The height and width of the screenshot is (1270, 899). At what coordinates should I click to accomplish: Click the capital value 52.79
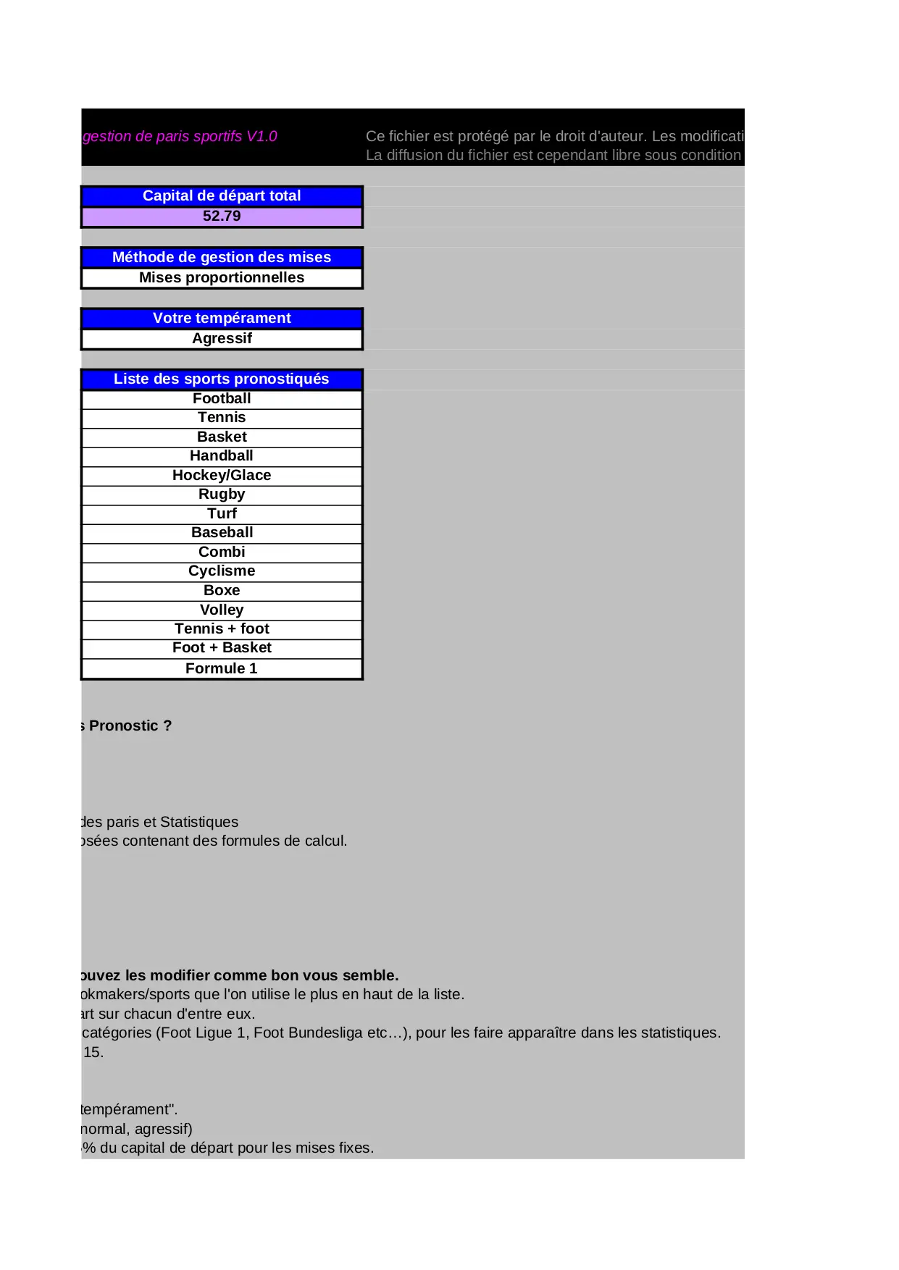pos(222,216)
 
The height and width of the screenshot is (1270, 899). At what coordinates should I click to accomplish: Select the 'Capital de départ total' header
pos(222,196)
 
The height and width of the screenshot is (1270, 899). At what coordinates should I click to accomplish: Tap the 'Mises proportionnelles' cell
pos(222,278)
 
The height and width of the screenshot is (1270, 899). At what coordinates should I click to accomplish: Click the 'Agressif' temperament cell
pos(222,339)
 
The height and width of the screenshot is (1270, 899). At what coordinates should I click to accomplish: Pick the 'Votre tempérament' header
pos(222,319)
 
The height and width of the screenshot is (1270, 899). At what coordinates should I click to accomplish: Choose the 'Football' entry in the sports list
pos(222,399)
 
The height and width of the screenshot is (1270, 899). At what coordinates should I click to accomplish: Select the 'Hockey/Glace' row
pos(222,476)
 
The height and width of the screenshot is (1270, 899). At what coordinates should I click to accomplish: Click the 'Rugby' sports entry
pos(222,495)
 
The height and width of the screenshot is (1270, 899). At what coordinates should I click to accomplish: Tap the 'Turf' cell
pos(222,514)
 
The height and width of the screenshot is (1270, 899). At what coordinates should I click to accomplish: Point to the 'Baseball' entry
pos(222,533)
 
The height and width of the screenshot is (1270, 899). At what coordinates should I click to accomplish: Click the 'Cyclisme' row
pos(222,571)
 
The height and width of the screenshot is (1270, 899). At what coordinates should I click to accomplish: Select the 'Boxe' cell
pos(222,591)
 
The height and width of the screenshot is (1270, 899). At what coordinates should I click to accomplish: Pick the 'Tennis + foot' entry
pos(222,629)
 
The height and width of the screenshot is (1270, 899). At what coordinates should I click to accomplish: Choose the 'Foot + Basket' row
pos(222,648)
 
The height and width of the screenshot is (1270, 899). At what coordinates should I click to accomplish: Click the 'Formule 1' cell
pos(222,669)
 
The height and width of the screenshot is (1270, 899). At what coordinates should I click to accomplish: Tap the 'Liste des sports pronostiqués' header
pos(222,379)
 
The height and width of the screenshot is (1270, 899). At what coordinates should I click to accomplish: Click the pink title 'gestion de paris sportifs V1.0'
pos(180,137)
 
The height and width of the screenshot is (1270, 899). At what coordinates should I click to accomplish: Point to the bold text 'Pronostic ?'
pos(130,726)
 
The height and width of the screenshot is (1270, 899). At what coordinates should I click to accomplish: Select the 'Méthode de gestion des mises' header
pos(222,258)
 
